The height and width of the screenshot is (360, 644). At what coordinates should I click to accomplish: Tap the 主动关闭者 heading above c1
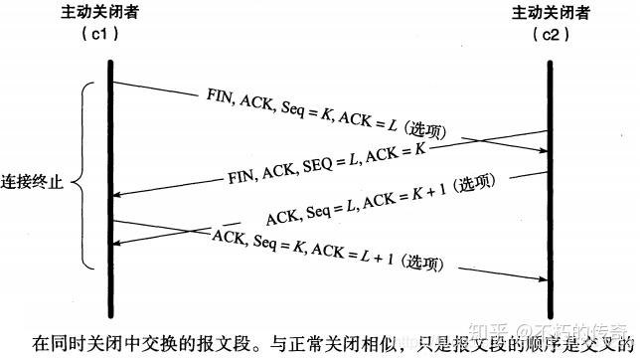click(110, 13)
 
